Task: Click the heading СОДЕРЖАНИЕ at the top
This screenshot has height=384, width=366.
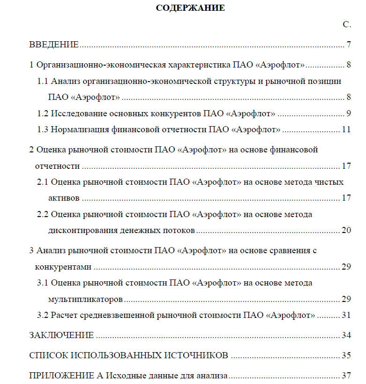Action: point(190,8)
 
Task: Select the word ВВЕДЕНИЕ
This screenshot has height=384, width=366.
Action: point(54,45)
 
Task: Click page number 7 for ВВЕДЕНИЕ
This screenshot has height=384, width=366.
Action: point(349,45)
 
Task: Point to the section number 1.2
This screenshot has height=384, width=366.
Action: point(43,113)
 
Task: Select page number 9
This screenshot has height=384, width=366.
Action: point(349,113)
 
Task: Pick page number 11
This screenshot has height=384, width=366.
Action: point(346,129)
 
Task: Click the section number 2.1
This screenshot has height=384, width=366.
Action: point(43,182)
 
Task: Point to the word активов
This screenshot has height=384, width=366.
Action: point(64,198)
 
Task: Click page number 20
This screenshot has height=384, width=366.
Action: point(346,230)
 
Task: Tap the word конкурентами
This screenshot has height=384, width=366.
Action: point(63,267)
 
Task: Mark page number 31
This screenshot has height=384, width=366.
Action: point(346,315)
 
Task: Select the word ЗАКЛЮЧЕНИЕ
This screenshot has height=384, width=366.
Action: point(61,335)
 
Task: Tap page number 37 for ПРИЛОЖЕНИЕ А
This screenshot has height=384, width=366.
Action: point(346,376)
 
